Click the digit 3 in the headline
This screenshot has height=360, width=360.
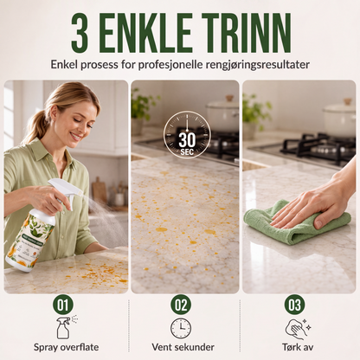[x=80, y=33]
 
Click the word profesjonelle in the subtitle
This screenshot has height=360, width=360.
[x=170, y=64]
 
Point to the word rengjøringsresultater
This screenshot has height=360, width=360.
[x=258, y=65]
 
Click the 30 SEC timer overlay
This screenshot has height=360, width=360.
[x=187, y=135]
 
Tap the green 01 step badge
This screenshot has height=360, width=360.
[x=63, y=305]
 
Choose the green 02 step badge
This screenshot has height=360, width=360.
[x=181, y=305]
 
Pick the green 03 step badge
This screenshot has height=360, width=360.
[x=294, y=305]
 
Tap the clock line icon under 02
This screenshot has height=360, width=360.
[x=181, y=328]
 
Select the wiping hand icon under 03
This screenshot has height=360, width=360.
[x=297, y=329]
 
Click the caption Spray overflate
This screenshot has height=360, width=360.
[x=66, y=347]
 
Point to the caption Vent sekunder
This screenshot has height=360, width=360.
[x=183, y=347]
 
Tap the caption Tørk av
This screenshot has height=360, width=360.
[x=298, y=347]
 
